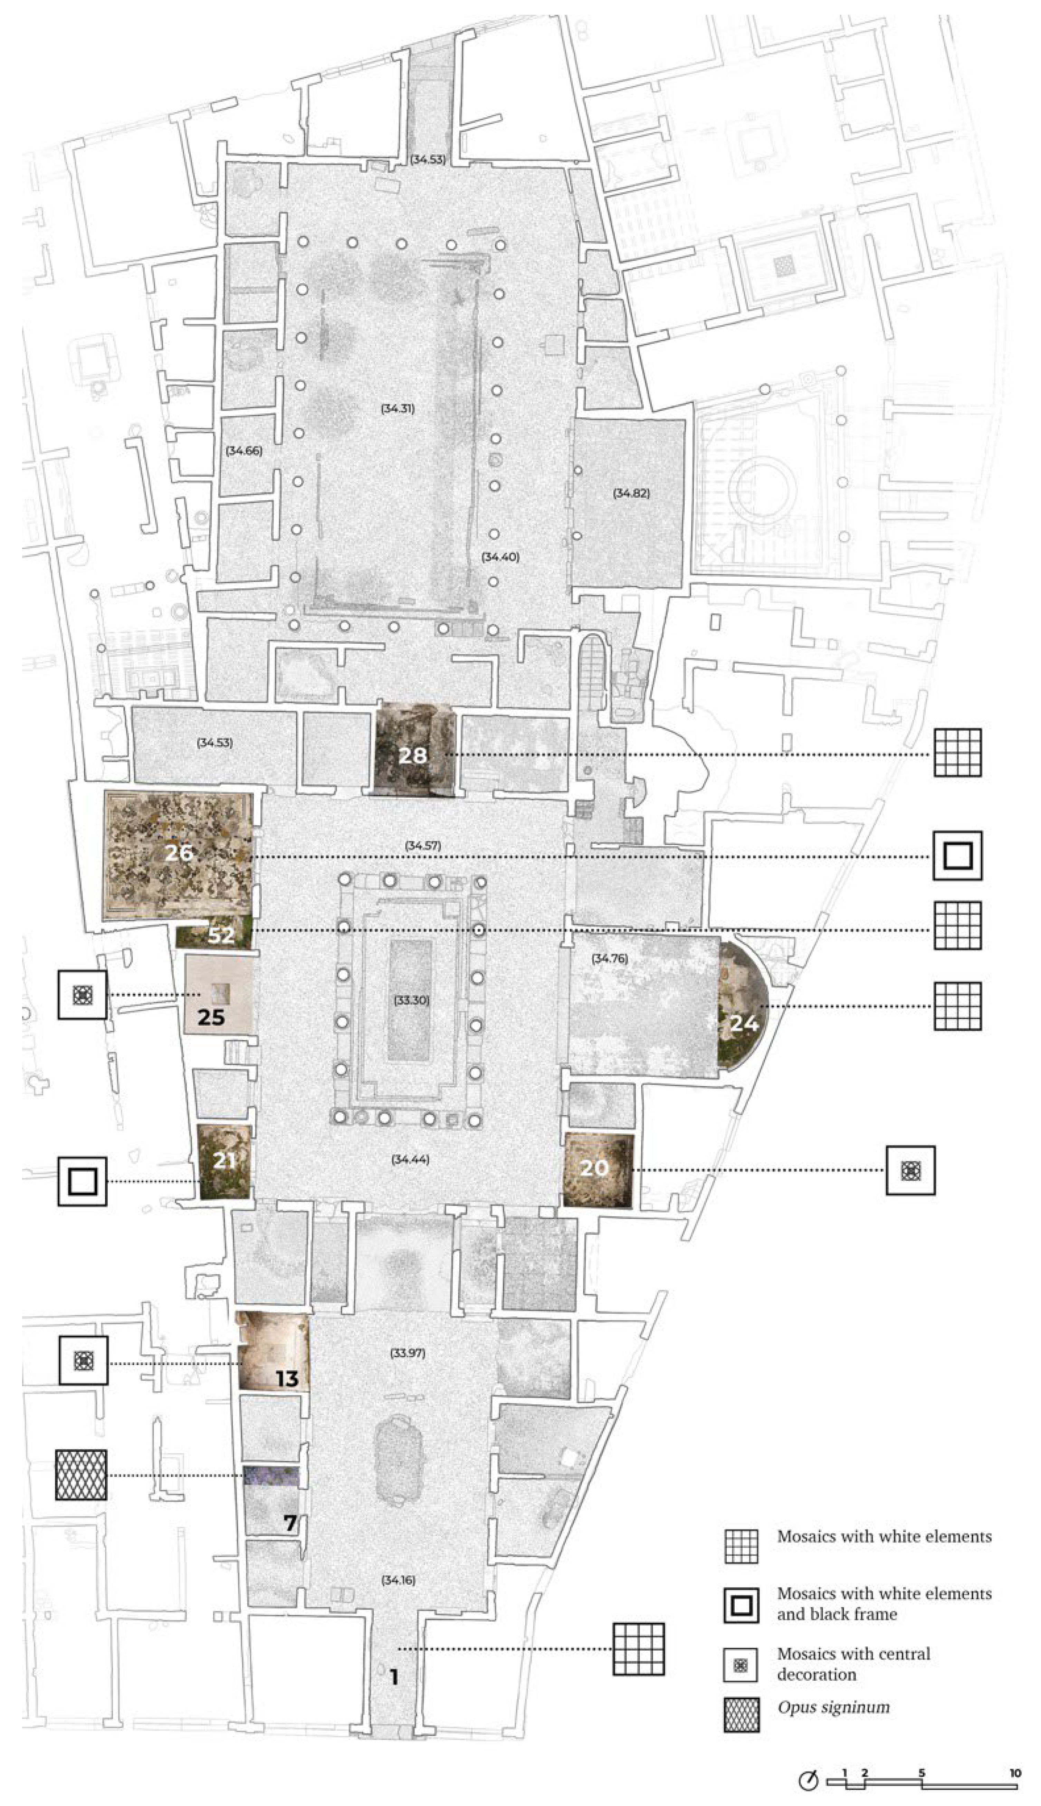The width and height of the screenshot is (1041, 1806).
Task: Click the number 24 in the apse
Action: pos(744,1024)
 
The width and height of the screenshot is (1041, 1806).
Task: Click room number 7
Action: pos(289,1524)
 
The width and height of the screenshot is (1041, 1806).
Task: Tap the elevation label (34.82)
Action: pos(631,493)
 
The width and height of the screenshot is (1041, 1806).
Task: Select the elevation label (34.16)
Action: pos(398,1580)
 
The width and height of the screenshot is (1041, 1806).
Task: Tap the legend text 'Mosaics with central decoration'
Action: pos(854,1663)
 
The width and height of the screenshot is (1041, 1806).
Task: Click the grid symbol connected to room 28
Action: pos(957,752)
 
